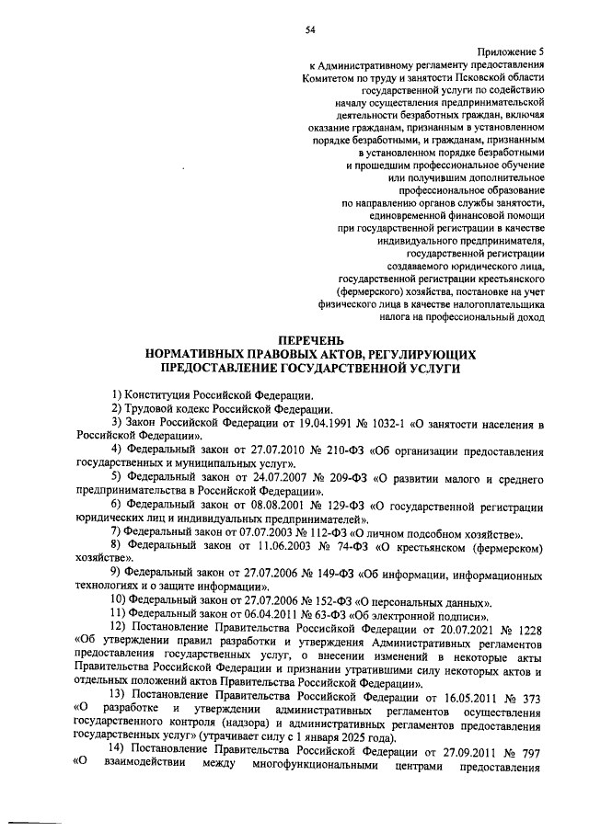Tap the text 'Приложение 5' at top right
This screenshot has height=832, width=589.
[x=512, y=52]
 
